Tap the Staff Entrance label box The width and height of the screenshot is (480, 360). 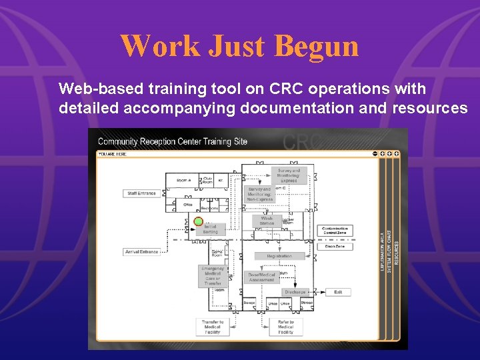141,193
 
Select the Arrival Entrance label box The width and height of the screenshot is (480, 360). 141,252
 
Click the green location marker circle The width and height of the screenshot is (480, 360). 198,221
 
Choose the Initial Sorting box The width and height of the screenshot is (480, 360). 210,229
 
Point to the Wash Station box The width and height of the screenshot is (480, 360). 267,221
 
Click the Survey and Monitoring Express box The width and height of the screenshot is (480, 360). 289,175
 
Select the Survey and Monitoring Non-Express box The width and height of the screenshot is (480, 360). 259,194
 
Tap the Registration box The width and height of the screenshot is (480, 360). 279,256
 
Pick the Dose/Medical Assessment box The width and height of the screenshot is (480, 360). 261,277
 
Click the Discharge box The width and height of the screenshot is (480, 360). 295,292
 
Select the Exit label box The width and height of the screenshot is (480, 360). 338,292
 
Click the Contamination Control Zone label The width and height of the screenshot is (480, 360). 335,231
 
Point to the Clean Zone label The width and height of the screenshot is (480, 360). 335,247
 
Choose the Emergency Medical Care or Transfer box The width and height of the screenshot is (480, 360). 213,276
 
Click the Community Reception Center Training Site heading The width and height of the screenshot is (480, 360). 172,141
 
